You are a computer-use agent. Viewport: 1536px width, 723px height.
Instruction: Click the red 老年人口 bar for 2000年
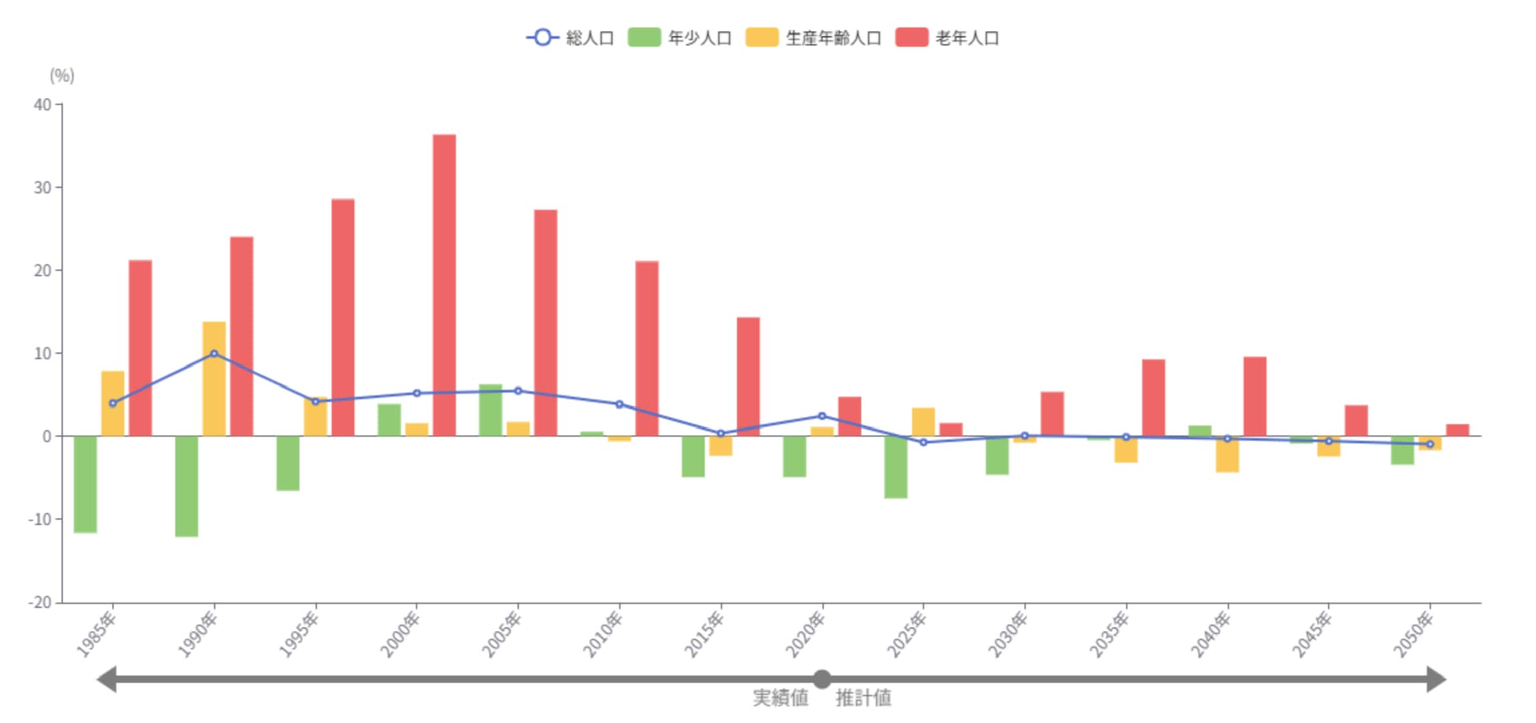[x=444, y=286]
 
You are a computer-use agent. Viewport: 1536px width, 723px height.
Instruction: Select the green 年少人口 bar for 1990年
[x=187, y=486]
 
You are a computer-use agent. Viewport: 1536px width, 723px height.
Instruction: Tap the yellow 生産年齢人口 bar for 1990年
[x=214, y=379]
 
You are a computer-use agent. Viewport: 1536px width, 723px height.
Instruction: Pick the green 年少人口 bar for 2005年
[x=490, y=411]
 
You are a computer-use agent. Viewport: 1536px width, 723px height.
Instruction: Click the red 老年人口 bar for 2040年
[x=1254, y=397]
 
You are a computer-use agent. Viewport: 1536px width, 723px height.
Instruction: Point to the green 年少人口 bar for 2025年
[x=895, y=467]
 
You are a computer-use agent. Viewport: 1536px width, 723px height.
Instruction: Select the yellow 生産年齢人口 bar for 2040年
[x=1227, y=455]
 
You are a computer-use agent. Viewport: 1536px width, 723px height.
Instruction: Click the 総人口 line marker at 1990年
[x=214, y=354]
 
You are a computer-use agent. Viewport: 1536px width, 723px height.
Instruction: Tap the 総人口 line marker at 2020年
[x=822, y=416]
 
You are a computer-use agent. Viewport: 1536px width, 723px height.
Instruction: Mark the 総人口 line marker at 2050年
[x=1430, y=444]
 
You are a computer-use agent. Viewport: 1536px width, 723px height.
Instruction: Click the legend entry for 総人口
[x=570, y=38]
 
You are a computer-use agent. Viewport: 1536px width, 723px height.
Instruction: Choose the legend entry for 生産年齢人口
[x=813, y=38]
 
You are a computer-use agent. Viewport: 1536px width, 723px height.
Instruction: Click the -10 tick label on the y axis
[x=39, y=519]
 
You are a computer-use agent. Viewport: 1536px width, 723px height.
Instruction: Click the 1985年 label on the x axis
[x=96, y=635]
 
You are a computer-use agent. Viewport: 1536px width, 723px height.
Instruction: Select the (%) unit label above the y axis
[x=62, y=76]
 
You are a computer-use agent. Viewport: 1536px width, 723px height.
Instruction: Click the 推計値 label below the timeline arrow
[x=863, y=698]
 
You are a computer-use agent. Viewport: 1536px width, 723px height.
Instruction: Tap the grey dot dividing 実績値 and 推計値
[x=822, y=680]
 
